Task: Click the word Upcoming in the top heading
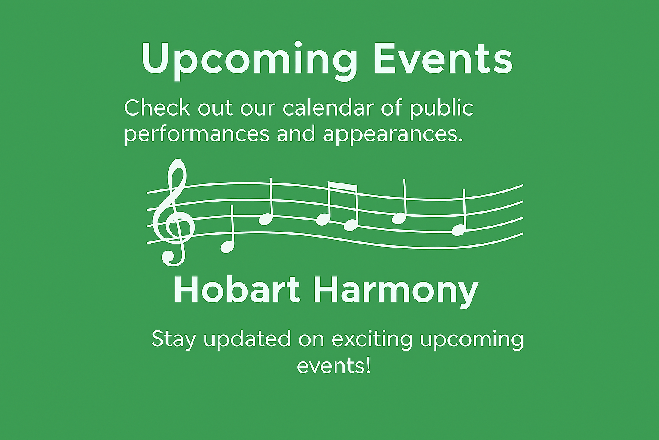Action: point(249,61)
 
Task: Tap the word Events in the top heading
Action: point(444,58)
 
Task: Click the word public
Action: point(441,109)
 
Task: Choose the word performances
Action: point(196,135)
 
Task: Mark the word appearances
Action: point(393,135)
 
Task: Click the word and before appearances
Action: point(296,134)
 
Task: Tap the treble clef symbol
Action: point(173,212)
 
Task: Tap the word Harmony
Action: point(396,293)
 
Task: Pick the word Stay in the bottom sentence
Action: point(174,340)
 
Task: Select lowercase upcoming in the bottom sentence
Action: point(472,341)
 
